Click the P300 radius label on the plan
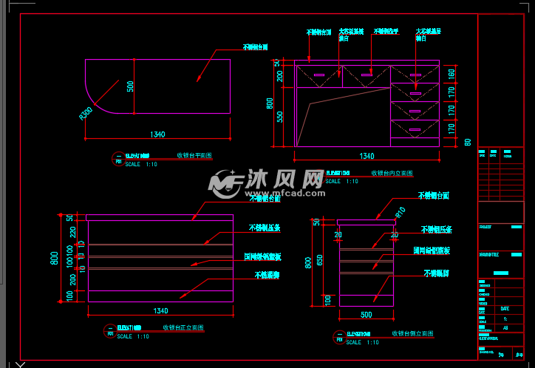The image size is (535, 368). (x=86, y=113)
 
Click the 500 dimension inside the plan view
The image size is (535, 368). (x=130, y=86)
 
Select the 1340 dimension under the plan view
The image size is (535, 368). (x=157, y=134)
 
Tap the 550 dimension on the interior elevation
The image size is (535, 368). (x=279, y=116)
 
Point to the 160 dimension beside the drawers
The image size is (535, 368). (x=450, y=74)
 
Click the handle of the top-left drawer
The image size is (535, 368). (x=319, y=75)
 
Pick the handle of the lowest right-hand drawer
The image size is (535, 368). (x=415, y=130)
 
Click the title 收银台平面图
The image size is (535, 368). (x=194, y=156)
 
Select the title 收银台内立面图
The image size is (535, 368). (x=392, y=173)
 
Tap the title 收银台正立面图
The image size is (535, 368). (x=183, y=327)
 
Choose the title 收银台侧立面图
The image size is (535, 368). (x=412, y=334)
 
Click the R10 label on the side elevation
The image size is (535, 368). (x=401, y=212)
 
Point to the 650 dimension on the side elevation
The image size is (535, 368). (x=320, y=259)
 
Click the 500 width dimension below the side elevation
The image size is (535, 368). (x=366, y=314)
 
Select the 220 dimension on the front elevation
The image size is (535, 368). (x=71, y=232)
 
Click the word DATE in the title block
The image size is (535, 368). (x=505, y=308)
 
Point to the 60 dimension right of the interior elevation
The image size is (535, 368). (x=467, y=142)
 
